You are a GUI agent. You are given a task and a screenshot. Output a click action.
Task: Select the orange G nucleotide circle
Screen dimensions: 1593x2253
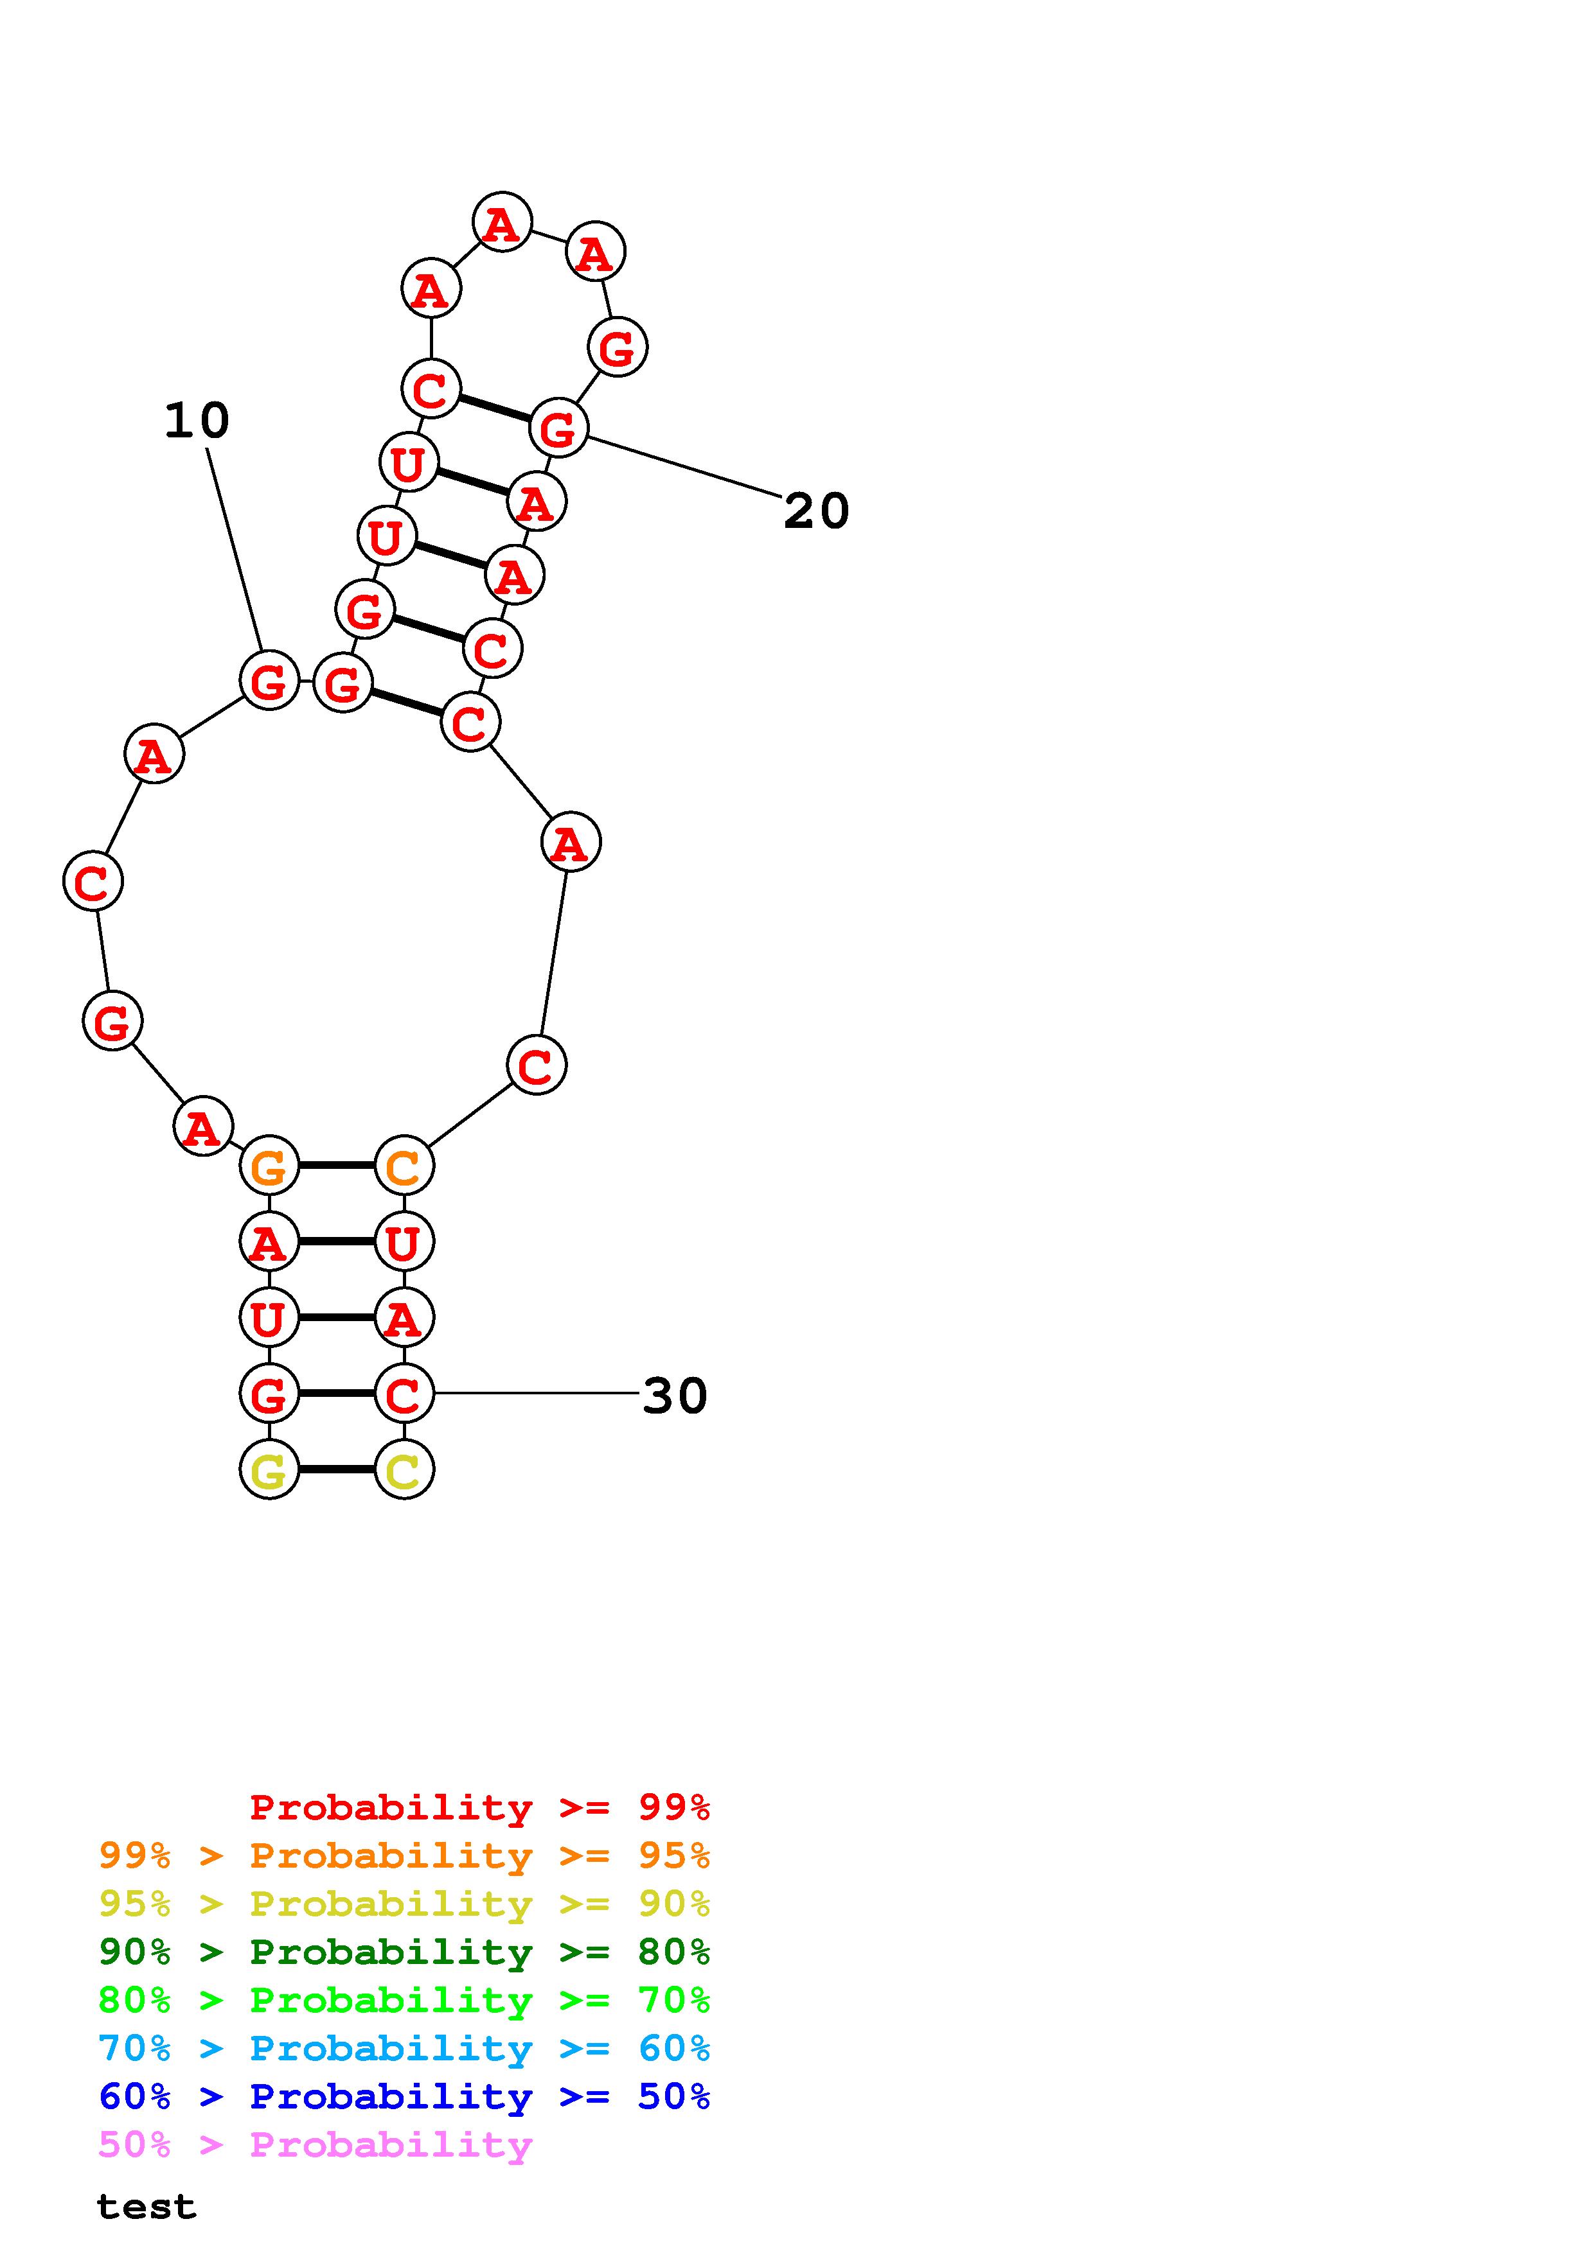coord(269,1166)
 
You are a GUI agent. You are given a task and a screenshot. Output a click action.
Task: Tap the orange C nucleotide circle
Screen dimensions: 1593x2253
coord(404,1166)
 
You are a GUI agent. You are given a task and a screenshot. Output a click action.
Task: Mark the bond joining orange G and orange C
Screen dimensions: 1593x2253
coord(337,1166)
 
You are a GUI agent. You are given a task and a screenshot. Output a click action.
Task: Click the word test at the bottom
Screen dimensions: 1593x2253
coord(147,2207)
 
